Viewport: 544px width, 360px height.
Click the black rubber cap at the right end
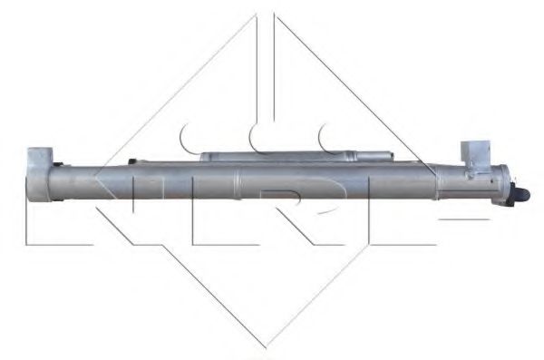pos(523,193)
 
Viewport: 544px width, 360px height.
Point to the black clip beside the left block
pos(58,165)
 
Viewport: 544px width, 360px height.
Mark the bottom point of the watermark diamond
pos(266,345)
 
